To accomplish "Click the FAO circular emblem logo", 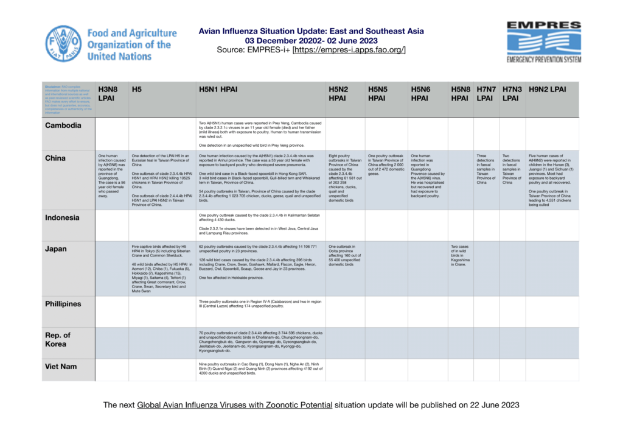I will pyautogui.click(x=63, y=43).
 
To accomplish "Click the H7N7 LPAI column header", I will pyautogui.click(x=485, y=93).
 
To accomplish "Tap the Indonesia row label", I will pyautogui.click(x=66, y=217).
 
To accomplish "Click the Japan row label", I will pyautogui.click(x=56, y=249).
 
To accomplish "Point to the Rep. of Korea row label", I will pyautogui.click(x=58, y=339).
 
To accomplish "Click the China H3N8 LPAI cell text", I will pyautogui.click(x=111, y=176).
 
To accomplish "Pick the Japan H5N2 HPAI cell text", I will pyautogui.click(x=344, y=255).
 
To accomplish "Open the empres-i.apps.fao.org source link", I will pyautogui.click(x=349, y=50).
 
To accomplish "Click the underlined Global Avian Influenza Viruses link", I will pyautogui.click(x=235, y=404).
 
